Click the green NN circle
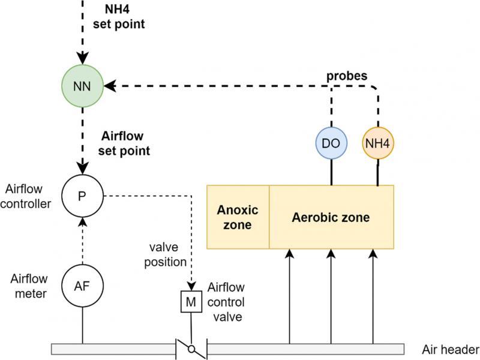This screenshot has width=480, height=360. tap(83, 86)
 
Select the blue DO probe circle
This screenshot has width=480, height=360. tap(331, 145)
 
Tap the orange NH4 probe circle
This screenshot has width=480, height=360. tap(379, 145)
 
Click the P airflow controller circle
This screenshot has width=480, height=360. tap(83, 197)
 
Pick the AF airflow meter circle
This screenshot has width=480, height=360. tap(83, 285)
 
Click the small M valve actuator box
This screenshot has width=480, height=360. tap(191, 301)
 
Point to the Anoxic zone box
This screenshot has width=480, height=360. tap(238, 217)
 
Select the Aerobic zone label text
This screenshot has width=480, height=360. tap(331, 217)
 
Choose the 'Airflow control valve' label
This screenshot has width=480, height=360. tap(226, 302)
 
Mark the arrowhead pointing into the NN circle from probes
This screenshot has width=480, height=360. tap(109, 86)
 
